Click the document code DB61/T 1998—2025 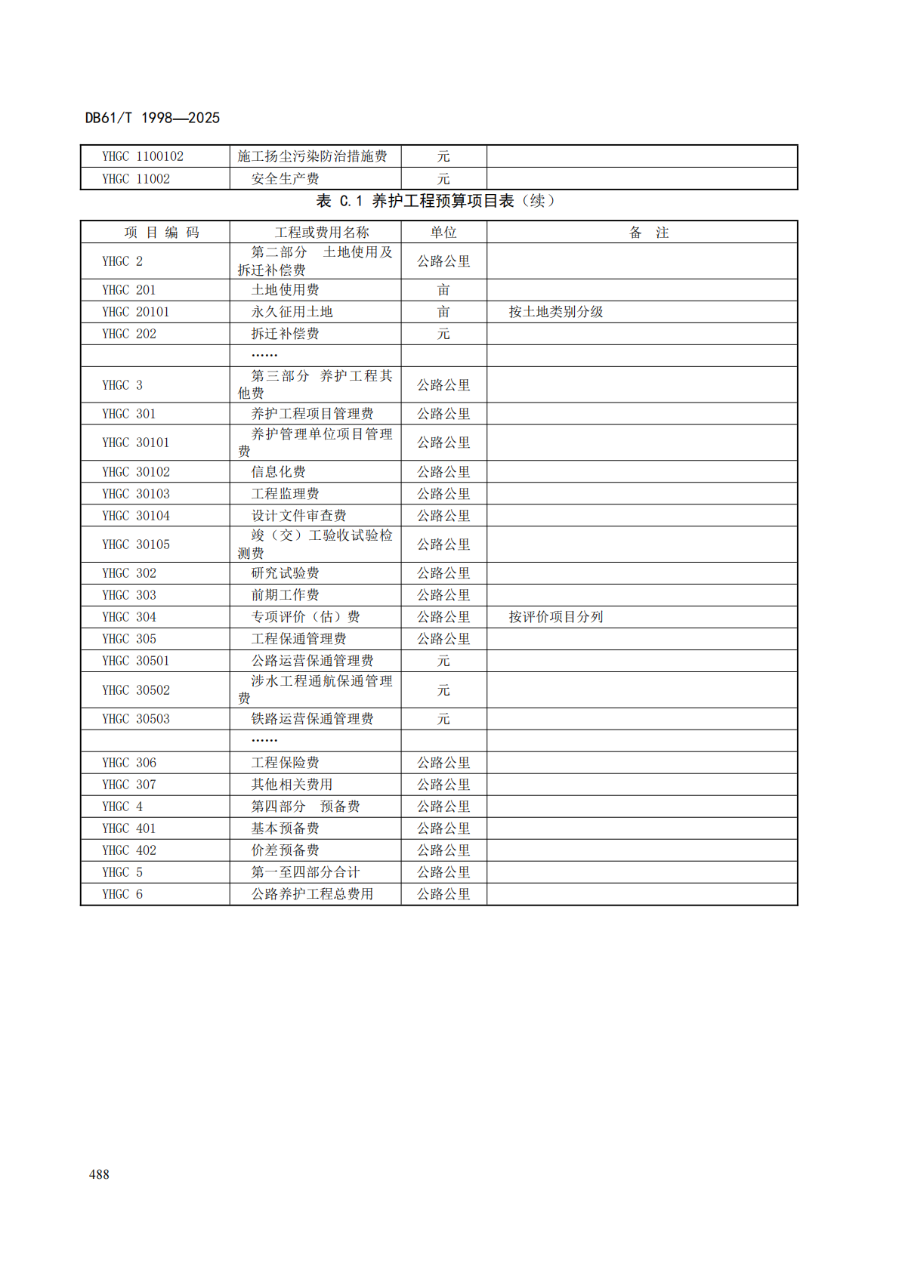[152, 118]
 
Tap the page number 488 [99, 1174]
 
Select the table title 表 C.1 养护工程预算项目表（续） [436, 201]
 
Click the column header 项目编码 [162, 233]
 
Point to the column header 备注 [649, 233]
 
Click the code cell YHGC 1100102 [143, 156]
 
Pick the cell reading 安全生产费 [285, 179]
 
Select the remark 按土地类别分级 [555, 312]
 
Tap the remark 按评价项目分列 [555, 617]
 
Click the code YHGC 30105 [136, 544]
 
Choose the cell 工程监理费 [285, 494]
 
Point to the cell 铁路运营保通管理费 [312, 719]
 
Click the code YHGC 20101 [136, 312]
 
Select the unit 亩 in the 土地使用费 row [443, 290]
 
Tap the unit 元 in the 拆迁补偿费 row [443, 334]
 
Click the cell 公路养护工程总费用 [312, 894]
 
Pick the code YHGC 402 [129, 850]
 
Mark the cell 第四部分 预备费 [305, 807]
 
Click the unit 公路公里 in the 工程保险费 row [443, 763]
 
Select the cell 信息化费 [278, 472]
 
